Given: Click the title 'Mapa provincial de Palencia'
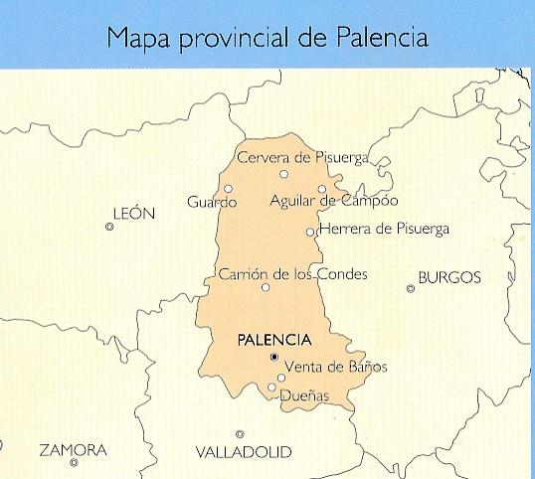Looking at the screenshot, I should point(267,39).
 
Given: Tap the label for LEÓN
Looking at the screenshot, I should point(135,213).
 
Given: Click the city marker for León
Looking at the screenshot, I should point(109,228).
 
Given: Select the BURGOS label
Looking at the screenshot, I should point(449,277).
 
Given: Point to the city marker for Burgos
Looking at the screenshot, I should point(411,289).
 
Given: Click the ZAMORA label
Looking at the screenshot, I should point(73,450).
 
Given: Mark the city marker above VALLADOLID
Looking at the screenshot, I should point(240,433).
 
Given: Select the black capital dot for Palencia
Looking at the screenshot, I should point(274,356).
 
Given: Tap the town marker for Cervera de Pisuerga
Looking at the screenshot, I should point(283,174).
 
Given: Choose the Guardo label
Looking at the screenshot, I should point(212,203).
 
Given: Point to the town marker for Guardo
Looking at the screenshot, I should point(229,188).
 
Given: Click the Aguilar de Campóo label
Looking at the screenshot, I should point(333,202).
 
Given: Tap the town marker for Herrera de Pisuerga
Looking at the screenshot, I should point(311,232).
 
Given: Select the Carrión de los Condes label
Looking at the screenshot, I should point(291,273).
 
